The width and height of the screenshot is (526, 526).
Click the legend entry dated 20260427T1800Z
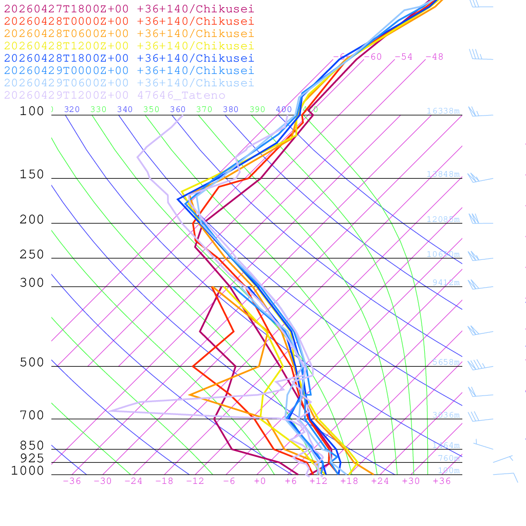click(129, 9)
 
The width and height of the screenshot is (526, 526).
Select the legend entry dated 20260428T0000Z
click(129, 21)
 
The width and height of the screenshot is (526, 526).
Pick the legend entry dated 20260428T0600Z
click(129, 33)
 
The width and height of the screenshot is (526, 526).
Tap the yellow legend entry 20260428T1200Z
click(129, 46)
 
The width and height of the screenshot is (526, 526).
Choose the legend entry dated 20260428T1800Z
click(129, 58)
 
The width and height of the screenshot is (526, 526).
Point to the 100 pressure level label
click(32, 111)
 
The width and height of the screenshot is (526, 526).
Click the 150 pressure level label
click(32, 175)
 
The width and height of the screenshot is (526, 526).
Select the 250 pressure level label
click(32, 255)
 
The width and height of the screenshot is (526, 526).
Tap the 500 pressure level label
click(32, 363)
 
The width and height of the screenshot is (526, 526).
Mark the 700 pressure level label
click(32, 416)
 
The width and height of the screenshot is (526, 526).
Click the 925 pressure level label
click(32, 458)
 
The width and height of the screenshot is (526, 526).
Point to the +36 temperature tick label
click(441, 481)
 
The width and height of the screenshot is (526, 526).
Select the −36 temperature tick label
click(72, 481)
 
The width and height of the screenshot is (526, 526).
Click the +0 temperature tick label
click(260, 481)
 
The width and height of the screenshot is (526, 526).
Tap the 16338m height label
click(443, 111)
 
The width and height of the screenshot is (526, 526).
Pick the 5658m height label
click(445, 362)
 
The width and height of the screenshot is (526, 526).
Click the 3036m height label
click(445, 415)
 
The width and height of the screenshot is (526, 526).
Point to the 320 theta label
click(72, 109)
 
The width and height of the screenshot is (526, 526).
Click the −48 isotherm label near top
click(434, 57)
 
